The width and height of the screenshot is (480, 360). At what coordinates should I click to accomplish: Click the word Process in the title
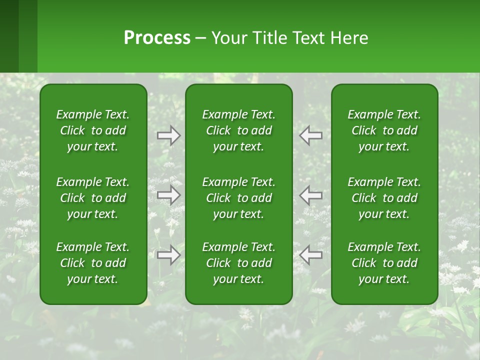[x=157, y=38]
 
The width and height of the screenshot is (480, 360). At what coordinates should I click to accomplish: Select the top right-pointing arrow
[x=169, y=135]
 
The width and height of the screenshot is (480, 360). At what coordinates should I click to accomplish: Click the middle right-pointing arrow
[x=169, y=195]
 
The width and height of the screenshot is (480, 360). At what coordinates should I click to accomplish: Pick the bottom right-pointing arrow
[x=169, y=255]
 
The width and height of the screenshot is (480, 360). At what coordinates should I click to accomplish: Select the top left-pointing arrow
[x=311, y=135]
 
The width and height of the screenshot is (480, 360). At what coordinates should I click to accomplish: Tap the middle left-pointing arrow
[x=311, y=195]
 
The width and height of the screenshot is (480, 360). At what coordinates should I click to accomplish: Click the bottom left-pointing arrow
[x=311, y=255]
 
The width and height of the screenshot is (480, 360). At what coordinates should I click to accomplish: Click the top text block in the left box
[x=93, y=130]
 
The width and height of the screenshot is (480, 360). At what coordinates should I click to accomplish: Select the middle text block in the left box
[x=93, y=198]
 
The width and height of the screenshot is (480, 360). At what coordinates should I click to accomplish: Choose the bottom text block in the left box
[x=93, y=263]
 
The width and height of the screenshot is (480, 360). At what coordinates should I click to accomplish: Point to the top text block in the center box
[x=239, y=130]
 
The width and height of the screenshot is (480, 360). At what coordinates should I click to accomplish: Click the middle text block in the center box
[x=239, y=198]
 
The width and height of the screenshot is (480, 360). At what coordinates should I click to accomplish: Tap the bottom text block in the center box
[x=239, y=263]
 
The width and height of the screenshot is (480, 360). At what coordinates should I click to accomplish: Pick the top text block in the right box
[x=384, y=130]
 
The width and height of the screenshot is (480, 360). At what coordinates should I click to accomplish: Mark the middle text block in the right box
[x=384, y=198]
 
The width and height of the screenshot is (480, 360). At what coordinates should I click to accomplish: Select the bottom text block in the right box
[x=384, y=263]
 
